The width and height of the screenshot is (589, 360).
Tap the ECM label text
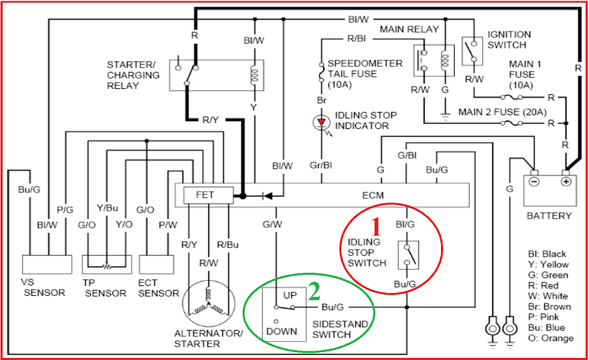tap(372, 196)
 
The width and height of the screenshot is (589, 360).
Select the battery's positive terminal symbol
tap(565, 181)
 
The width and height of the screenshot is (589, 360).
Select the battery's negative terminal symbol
tap(534, 181)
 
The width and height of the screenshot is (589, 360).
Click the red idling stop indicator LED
tap(321, 122)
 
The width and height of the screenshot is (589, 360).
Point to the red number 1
tap(376, 227)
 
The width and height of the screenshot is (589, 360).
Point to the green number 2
tap(315, 292)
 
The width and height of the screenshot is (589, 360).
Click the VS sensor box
tap(47, 264)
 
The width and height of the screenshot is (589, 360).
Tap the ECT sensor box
tap(156, 264)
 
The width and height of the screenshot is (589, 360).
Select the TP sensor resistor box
tap(107, 264)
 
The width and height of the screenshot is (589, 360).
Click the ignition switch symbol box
tap(472, 51)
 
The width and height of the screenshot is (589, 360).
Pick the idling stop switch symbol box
tap(408, 255)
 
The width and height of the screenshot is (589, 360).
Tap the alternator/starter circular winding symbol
tap(209, 303)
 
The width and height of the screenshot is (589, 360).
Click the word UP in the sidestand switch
tap(290, 295)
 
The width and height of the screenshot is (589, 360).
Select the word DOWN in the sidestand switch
tap(281, 331)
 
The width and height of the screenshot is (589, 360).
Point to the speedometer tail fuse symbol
tap(321, 72)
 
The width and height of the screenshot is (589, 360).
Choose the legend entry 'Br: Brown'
tap(550, 306)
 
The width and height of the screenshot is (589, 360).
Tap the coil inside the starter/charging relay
tap(255, 75)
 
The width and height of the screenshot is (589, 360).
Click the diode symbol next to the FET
tap(268, 196)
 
